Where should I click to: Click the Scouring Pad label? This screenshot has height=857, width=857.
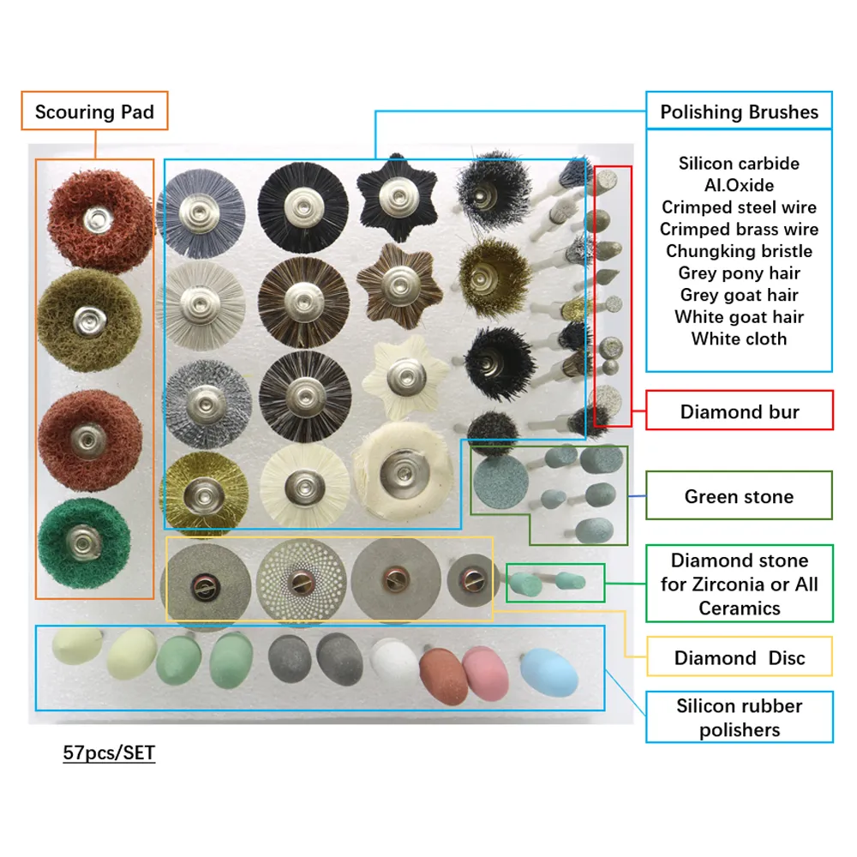pyautogui.click(x=94, y=111)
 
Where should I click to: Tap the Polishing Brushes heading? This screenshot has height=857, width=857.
pyautogui.click(x=739, y=111)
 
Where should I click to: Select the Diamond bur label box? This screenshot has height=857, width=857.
pyautogui.click(x=739, y=411)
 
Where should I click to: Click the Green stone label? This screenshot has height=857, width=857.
pyautogui.click(x=739, y=496)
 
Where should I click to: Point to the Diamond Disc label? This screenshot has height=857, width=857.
pyautogui.click(x=739, y=658)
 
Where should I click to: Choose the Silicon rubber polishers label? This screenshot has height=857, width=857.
pyautogui.click(x=739, y=718)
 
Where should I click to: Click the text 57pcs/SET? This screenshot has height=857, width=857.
pyautogui.click(x=109, y=754)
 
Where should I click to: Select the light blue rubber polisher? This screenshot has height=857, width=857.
pyautogui.click(x=549, y=674)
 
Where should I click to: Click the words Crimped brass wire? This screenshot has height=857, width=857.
pyautogui.click(x=739, y=229)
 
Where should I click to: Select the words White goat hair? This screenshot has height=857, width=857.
pyautogui.click(x=739, y=317)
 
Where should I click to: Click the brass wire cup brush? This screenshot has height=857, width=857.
pyautogui.click(x=494, y=276)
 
